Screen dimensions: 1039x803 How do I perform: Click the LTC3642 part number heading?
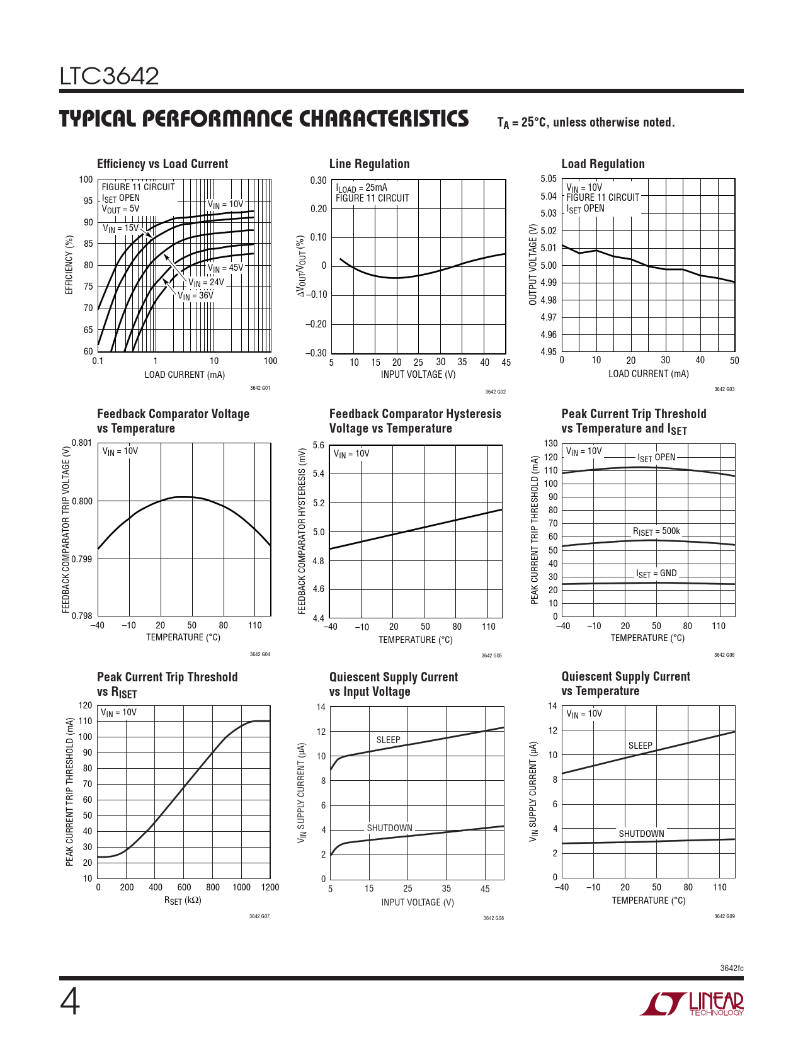[x=109, y=76]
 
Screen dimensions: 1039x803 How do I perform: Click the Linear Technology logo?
[x=692, y=1004]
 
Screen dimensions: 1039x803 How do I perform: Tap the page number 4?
[x=70, y=1002]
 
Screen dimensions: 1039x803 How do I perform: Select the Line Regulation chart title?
[x=369, y=164]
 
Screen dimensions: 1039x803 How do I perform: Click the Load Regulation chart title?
[x=603, y=164]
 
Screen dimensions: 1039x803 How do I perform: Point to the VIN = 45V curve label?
[x=225, y=268]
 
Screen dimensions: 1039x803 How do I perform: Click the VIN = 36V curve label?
[x=195, y=295]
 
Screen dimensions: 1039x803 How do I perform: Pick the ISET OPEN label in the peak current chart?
[x=656, y=457]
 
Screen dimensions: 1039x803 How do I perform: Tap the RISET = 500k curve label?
[x=656, y=531]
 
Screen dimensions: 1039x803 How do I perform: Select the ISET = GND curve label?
[x=656, y=574]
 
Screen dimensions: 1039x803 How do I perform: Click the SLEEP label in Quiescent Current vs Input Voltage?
[x=388, y=740]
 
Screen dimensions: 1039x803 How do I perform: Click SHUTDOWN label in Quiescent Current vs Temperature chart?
[x=641, y=834]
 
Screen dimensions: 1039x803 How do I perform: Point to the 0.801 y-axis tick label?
[x=82, y=443]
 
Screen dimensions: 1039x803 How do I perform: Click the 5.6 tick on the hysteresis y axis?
[x=318, y=445]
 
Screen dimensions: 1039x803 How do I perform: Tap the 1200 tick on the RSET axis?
[x=270, y=887]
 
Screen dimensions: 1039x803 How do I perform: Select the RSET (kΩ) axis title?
[x=183, y=900]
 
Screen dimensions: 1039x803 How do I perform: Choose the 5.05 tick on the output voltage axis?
[x=549, y=179]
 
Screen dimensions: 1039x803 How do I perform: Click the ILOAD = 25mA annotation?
[x=362, y=188]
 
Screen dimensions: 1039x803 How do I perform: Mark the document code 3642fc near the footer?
[x=731, y=968]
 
